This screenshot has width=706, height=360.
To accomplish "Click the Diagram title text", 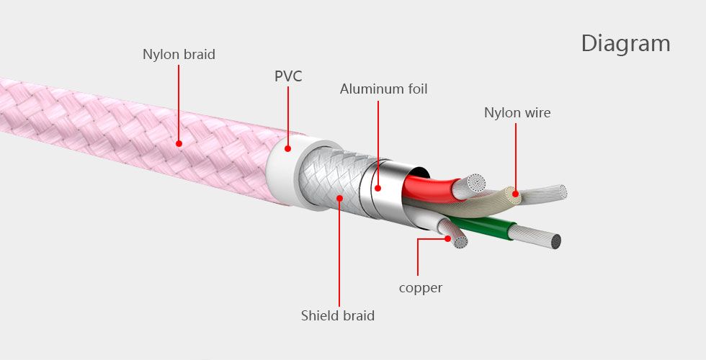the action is click(x=626, y=45).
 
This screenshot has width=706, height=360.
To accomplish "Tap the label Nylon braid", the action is click(x=179, y=55).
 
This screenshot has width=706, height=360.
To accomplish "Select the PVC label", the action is click(x=288, y=76).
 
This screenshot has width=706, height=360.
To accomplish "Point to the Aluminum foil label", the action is click(x=383, y=89).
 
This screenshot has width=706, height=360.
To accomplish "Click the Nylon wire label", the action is click(x=517, y=112).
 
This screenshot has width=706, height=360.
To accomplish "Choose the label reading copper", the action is click(x=421, y=288).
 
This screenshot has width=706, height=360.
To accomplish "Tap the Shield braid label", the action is click(x=338, y=315).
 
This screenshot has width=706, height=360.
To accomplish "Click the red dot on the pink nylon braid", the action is click(x=179, y=143).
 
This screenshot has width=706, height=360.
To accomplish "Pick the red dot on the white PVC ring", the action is click(x=287, y=148).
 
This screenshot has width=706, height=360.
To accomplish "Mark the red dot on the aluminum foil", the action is click(x=377, y=188).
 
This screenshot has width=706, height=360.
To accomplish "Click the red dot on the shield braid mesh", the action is click(x=339, y=197).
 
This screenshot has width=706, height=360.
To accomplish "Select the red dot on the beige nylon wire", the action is click(x=516, y=194).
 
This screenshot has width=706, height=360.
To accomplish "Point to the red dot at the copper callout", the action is click(x=447, y=238).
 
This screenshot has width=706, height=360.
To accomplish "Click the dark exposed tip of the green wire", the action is click(x=556, y=242).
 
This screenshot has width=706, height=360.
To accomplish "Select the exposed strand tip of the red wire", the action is click(x=476, y=182).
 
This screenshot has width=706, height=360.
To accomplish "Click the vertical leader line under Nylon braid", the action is click(x=179, y=102).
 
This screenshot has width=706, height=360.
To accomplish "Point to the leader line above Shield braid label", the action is click(x=339, y=253).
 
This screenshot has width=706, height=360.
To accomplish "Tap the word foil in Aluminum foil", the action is click(x=418, y=89).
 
